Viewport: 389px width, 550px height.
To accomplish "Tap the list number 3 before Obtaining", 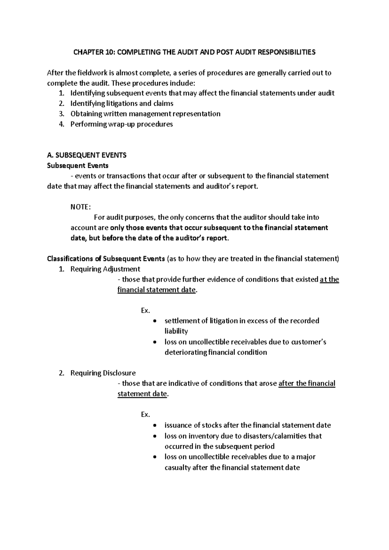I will click(x=62, y=114).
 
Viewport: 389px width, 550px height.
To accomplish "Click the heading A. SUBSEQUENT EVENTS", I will click(x=87, y=155).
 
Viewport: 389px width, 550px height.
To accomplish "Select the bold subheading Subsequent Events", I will click(x=78, y=166).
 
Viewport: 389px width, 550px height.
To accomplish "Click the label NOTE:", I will click(x=81, y=207).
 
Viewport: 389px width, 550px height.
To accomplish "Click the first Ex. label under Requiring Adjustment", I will click(x=146, y=311).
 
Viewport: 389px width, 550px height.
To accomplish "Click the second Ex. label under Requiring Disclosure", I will click(x=146, y=414).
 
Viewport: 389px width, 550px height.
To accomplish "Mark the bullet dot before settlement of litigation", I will click(x=156, y=321).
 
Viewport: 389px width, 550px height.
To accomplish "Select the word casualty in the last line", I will click(x=177, y=468).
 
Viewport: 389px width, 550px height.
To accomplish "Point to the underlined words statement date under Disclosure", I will click(x=142, y=394).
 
